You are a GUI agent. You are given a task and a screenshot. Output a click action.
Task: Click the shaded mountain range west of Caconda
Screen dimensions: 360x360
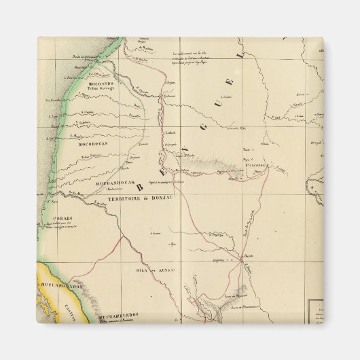click(x=211, y=162)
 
